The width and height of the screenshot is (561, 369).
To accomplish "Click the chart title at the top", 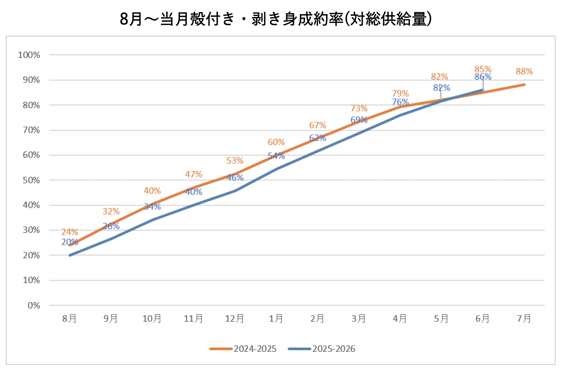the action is coord(276,19).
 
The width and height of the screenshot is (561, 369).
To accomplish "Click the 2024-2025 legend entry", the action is coord(243,349).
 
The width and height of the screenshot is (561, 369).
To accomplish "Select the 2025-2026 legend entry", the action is coord(322,349).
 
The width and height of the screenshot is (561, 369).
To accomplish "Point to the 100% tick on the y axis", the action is coord(29,55).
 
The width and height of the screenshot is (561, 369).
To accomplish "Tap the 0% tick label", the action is coord(34,305).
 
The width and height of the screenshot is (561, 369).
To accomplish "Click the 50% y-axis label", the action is coord(31,180).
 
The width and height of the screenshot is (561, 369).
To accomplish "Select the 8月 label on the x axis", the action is coord(69,319).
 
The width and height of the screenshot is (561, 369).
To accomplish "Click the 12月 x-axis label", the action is coord(235,319).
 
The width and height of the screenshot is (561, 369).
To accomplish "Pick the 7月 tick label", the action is coord(524,319).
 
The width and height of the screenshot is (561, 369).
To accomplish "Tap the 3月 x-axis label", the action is coord(359,319).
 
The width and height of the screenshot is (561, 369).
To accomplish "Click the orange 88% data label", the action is coord(524,71).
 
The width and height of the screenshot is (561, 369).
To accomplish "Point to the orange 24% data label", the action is coord(70,232).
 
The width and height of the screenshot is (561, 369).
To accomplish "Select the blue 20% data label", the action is coord(70,242).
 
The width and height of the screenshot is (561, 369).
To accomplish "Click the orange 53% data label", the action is coord(235,161).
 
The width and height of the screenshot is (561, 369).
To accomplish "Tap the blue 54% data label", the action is coord(276,156).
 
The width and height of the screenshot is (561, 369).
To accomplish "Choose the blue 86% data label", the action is coord(483,76).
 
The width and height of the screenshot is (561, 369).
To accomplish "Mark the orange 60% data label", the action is coord(276,142).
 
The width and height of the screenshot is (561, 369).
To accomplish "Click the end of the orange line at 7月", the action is coord(525,85).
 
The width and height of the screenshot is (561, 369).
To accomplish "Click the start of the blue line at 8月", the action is coord(70,255).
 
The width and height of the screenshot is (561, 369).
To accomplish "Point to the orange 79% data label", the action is coord(400,93).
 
